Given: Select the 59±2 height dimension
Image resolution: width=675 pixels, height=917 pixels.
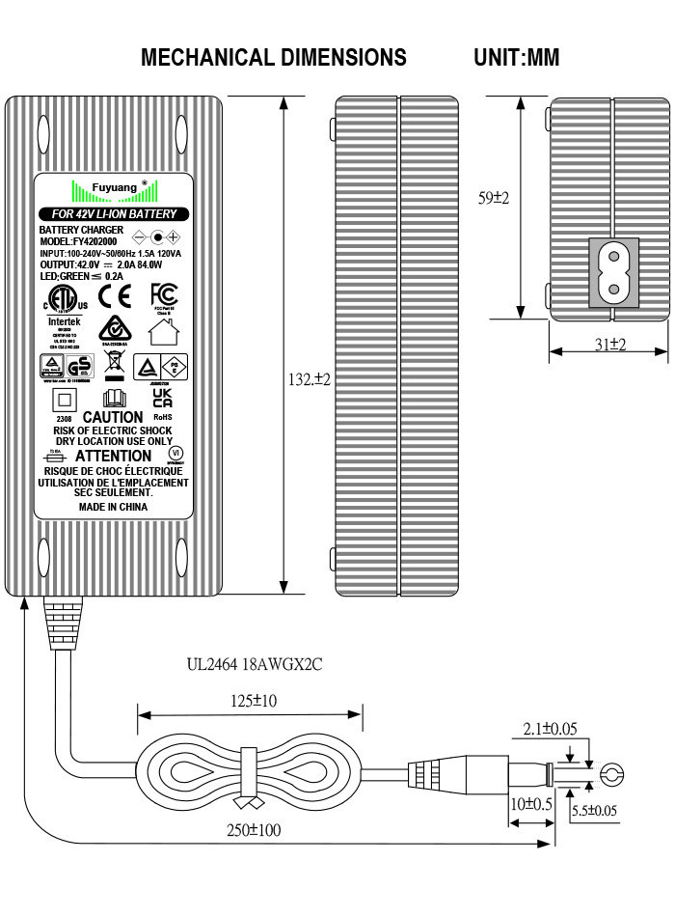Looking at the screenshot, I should (494, 198).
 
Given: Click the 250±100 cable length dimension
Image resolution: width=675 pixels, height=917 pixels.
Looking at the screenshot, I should (256, 829).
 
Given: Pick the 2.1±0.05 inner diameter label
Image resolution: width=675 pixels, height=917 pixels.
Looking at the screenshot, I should (550, 729).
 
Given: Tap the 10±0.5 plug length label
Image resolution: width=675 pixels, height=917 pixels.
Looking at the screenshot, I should (531, 803).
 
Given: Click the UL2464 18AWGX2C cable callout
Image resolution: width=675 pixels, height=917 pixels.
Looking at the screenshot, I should (255, 665).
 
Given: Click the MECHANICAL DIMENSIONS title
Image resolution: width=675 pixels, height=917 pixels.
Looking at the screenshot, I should (274, 58).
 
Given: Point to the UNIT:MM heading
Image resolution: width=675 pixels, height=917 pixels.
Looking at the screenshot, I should (517, 58).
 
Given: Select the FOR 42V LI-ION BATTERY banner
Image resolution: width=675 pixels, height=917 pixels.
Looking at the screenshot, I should (114, 213).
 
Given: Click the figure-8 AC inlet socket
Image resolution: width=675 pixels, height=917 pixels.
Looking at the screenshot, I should (611, 273).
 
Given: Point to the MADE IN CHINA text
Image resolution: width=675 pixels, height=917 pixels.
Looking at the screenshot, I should (113, 505).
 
